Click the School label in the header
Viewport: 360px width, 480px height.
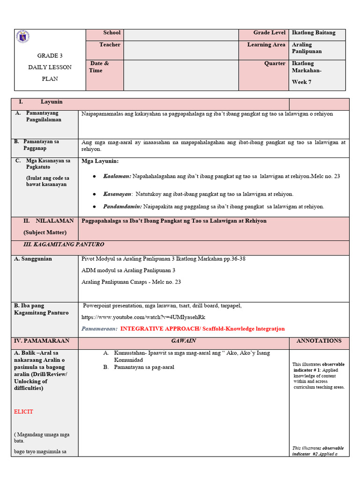pyautogui.click(x=112, y=33)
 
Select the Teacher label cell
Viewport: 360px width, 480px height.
pyautogui.click(x=110, y=45)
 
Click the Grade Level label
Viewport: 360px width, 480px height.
pyautogui.click(x=269, y=33)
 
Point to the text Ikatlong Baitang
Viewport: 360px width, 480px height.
pyautogui.click(x=314, y=33)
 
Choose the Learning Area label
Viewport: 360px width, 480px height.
pyautogui.click(x=266, y=45)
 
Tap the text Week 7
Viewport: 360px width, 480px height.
pyautogui.click(x=302, y=82)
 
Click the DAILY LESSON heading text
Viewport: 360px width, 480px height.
pyautogui.click(x=50, y=67)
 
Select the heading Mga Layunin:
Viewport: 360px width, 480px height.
pyautogui.click(x=100, y=162)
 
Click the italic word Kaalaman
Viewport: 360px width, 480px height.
pyautogui.click(x=117, y=177)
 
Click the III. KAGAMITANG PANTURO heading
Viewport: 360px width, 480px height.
pyautogui.click(x=64, y=245)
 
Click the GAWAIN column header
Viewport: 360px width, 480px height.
pyautogui.click(x=183, y=341)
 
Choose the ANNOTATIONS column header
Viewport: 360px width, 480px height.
pyautogui.click(x=319, y=341)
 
